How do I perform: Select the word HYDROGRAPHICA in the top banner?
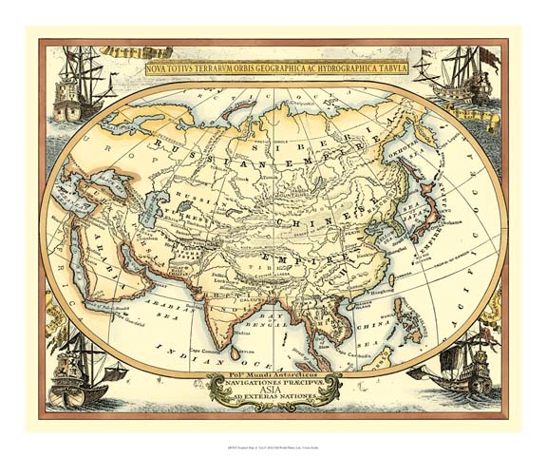coord(334,69)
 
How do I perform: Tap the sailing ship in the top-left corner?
coord(75,86)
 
